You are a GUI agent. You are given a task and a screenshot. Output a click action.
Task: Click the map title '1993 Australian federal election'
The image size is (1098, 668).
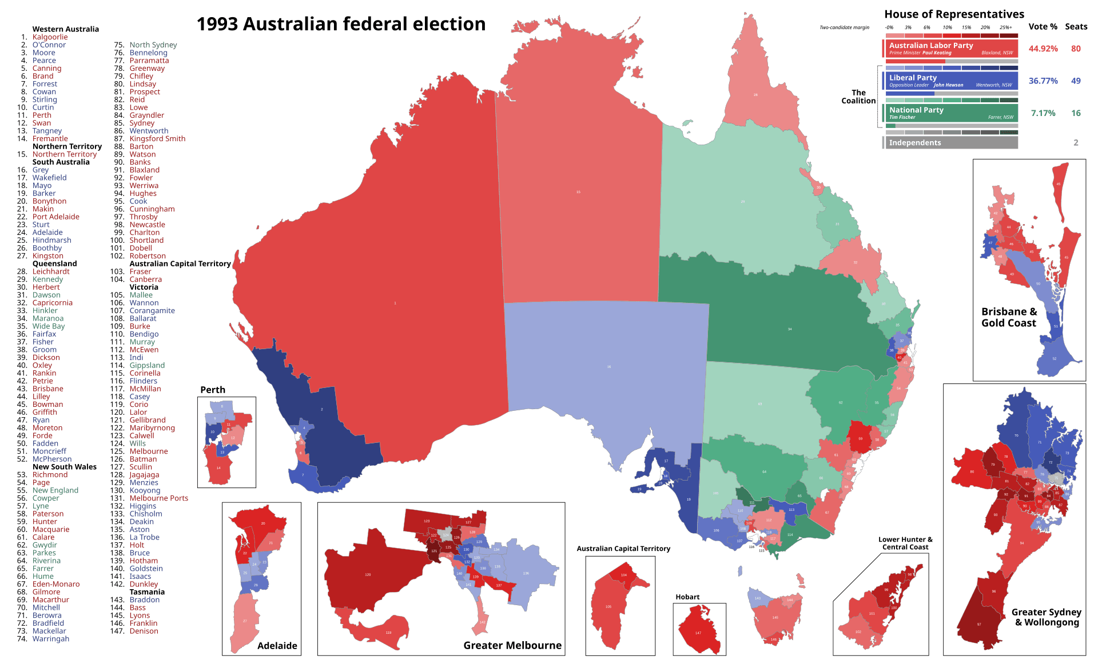point(341,24)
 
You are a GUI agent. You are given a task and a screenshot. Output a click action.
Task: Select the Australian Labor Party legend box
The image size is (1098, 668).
point(950,48)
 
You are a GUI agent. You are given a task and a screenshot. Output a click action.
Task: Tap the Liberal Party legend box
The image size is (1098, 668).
point(950,81)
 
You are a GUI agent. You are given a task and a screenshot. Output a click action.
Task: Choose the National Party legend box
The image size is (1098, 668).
point(950,113)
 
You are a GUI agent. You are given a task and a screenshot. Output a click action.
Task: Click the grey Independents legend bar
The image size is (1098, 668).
point(950,142)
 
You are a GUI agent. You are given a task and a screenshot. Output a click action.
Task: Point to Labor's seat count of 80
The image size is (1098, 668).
point(1076,49)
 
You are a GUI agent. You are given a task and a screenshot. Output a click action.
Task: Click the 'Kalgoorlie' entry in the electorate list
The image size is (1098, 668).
point(50,37)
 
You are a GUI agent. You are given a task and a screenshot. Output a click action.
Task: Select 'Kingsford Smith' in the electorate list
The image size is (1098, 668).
point(157,139)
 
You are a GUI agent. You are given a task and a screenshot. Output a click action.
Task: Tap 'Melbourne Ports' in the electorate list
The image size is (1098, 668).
point(158,498)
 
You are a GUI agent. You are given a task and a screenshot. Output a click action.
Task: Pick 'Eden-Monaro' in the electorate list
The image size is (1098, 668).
point(56,584)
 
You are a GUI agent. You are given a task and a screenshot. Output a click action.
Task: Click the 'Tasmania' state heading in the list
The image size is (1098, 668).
point(147,592)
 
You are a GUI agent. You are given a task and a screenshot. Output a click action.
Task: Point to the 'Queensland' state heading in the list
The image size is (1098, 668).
point(54,264)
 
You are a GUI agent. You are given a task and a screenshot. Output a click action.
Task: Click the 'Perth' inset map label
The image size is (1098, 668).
point(213,390)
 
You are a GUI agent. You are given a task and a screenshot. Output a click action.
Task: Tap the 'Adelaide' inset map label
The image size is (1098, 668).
point(277,646)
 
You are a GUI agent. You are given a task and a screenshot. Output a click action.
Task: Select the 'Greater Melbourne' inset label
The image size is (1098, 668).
point(512,645)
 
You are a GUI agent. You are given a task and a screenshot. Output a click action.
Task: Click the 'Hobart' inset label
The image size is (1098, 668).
point(687,597)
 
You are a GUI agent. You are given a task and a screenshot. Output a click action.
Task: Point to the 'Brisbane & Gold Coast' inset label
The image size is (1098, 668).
point(1009,317)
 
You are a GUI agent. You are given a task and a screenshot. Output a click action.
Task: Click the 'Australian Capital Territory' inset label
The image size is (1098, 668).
point(623,549)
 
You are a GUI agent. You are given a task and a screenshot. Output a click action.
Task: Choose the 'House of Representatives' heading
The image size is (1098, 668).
point(954,14)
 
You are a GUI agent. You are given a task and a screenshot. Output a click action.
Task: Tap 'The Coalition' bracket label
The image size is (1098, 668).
point(858,97)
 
